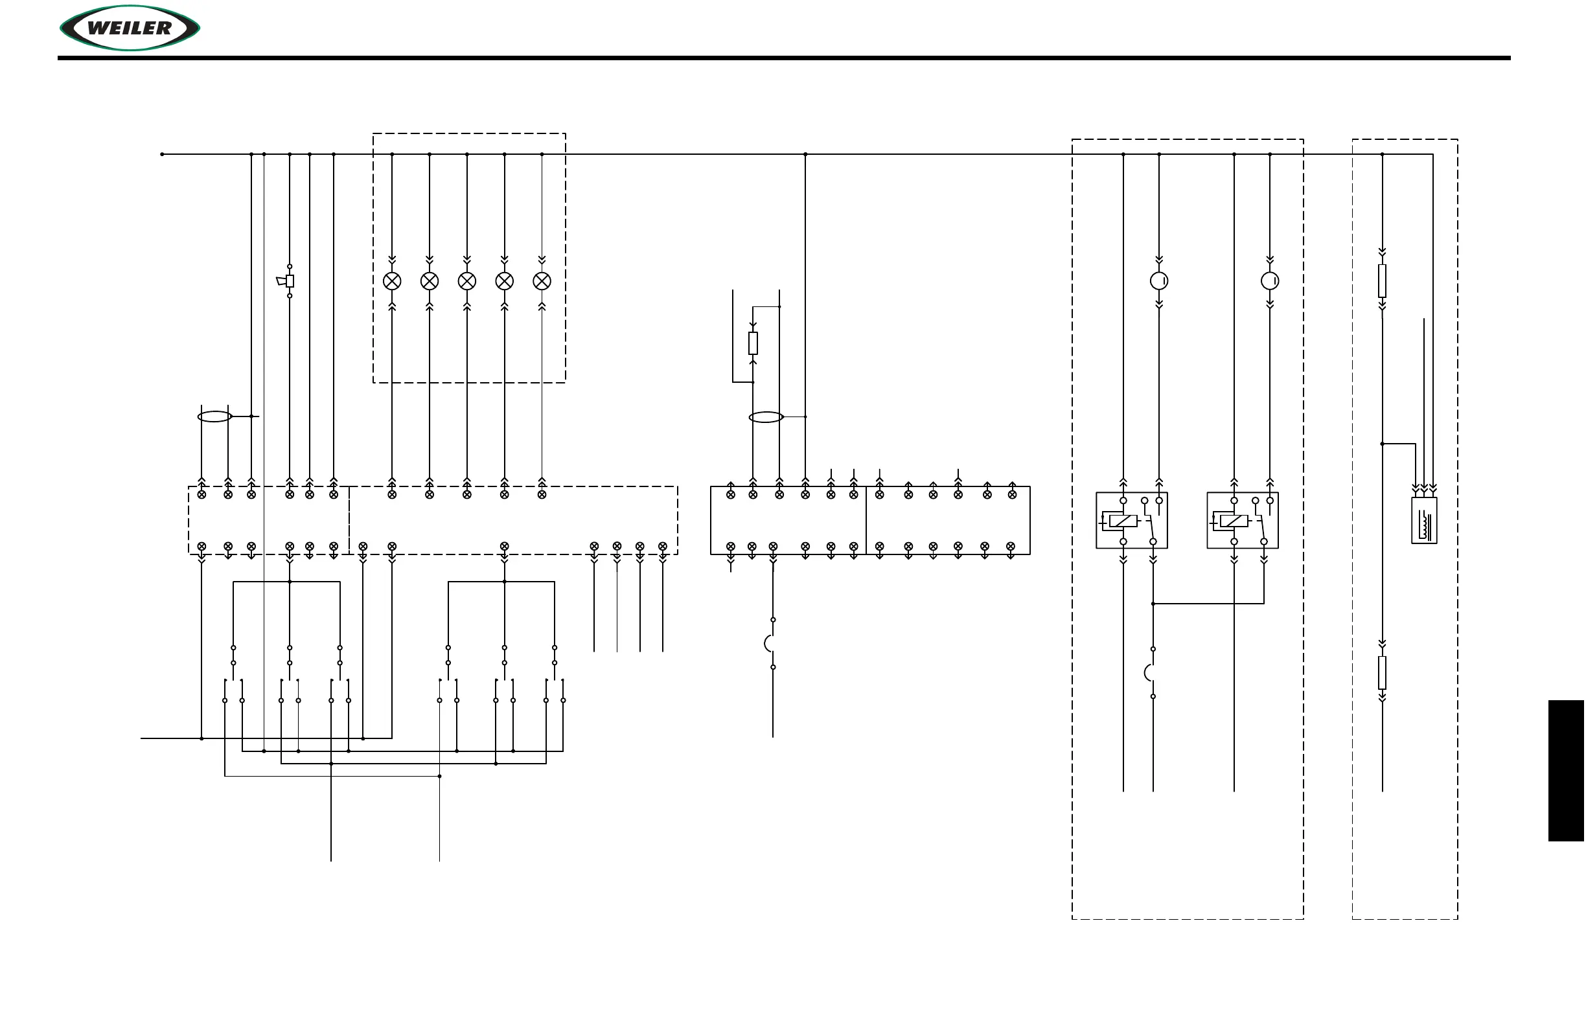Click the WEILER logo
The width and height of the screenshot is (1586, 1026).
[x=130, y=28]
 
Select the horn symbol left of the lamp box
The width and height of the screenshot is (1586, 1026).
[x=286, y=281]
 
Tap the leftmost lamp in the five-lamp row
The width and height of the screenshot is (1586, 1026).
[x=392, y=281]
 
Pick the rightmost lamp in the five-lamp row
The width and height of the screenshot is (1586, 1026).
[x=542, y=281]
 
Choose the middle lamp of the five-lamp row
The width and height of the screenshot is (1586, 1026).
[x=466, y=281]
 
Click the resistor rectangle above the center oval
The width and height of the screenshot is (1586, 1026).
[x=753, y=343]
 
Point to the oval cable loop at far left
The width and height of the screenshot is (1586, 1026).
[x=214, y=416]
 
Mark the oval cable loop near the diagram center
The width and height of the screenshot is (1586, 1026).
[x=766, y=417]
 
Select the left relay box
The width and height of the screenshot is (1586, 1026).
[x=1132, y=520]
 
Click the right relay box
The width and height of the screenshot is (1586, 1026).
[x=1242, y=520]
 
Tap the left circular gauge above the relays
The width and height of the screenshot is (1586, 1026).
[x=1159, y=281]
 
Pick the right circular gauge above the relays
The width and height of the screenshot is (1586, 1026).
[x=1269, y=281]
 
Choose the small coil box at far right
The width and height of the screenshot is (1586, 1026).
[x=1423, y=520]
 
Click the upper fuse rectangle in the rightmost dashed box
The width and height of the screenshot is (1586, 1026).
[x=1382, y=281]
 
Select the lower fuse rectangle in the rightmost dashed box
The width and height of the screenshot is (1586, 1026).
[x=1382, y=673]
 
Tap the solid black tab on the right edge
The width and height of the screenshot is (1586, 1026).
[x=1566, y=770]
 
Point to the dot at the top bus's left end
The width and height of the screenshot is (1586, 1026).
[x=162, y=155]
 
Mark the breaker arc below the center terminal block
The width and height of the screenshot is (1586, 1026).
[x=769, y=644]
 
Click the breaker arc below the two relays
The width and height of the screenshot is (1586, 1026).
[x=1149, y=673]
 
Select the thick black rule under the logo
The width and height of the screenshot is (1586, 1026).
[x=784, y=58]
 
